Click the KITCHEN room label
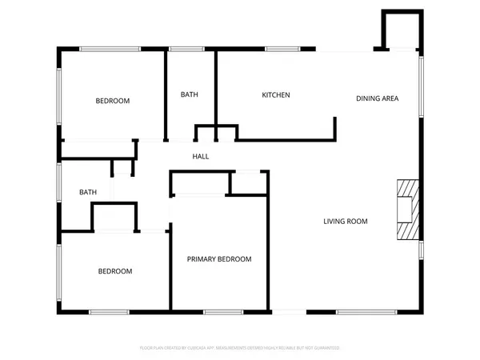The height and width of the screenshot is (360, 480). point(276,95)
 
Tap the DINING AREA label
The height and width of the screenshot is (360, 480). point(377,98)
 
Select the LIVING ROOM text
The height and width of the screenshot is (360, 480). point(346,221)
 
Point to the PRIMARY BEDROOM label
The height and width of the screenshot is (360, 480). point(219,259)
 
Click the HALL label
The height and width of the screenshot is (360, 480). point(201,156)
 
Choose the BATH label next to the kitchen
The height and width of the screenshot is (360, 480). point(190,95)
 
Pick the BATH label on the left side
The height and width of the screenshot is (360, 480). point(88,192)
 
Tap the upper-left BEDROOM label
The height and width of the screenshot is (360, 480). point(113,101)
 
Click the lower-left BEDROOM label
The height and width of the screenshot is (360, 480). point(115,271)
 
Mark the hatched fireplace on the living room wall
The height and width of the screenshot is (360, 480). point(407,209)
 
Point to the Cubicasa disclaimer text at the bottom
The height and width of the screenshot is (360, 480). point(240,348)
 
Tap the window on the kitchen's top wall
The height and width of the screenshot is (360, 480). point(278,50)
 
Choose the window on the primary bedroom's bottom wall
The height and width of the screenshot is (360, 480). point(218,310)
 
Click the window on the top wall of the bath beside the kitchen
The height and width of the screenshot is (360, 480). point(186,50)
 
